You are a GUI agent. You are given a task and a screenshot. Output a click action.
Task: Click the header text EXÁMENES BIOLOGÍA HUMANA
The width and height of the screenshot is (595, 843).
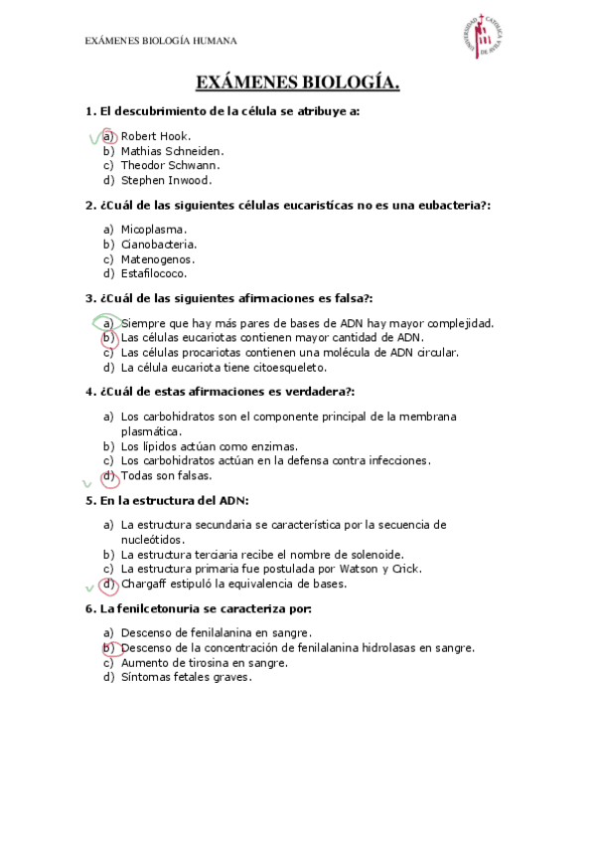point(161,41)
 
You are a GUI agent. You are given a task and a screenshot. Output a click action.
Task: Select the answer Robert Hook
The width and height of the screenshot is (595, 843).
point(156,136)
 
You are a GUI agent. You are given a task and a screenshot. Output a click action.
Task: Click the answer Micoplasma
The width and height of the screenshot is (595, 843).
point(154,229)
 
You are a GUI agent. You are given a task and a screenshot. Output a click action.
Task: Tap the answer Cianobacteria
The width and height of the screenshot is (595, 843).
point(159,244)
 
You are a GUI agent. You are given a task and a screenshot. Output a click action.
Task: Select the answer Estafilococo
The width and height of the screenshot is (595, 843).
point(154,272)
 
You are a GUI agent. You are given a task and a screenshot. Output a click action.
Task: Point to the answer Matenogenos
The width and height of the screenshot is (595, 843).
point(157,258)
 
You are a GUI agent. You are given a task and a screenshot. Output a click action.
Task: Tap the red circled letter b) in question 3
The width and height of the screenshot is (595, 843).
point(108,337)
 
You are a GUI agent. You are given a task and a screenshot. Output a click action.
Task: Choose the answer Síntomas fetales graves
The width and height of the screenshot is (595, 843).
point(186,677)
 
